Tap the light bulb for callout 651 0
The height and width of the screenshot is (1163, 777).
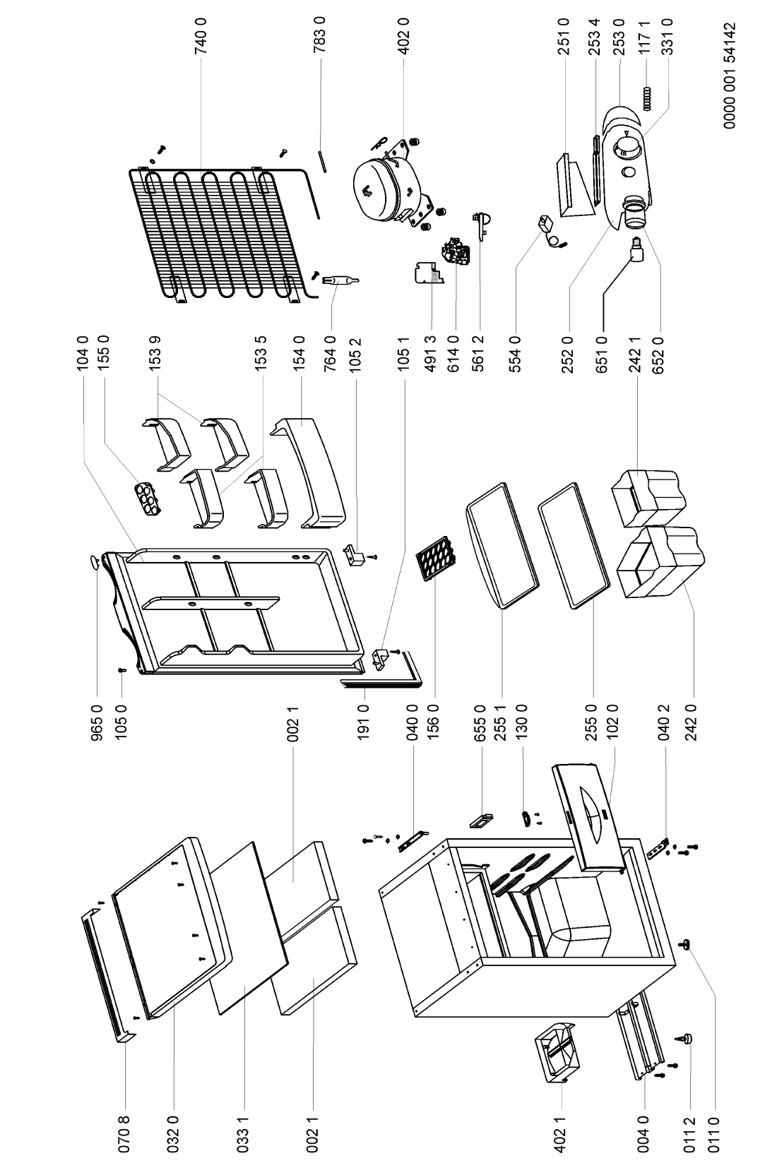coord(636,250)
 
